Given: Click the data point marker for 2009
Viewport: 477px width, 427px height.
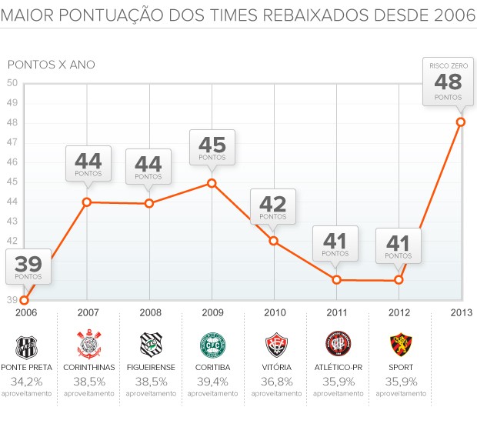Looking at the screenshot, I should (212, 183).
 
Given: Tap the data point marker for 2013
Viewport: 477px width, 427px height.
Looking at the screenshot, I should (460, 122).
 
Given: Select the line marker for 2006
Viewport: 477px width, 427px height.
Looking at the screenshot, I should (25, 300).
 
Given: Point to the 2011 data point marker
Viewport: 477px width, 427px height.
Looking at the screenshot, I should (336, 279).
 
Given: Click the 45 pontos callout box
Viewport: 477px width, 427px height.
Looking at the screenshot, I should (212, 147).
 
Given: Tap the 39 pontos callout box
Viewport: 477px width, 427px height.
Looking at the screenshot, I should (28, 265).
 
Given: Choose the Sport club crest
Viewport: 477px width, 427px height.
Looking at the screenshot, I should (399, 343).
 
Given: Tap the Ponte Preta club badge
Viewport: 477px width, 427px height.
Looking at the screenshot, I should (26, 343).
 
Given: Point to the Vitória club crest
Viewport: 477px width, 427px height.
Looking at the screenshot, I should (275, 343).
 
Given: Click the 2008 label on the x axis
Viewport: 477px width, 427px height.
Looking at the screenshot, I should (150, 313).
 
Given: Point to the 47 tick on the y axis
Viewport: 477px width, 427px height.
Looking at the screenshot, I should (12, 142).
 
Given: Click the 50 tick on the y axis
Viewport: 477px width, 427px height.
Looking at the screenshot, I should (12, 83).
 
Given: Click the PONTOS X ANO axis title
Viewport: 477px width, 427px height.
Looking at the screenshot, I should (51, 65).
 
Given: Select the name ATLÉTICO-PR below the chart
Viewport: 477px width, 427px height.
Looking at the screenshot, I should (336, 367).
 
